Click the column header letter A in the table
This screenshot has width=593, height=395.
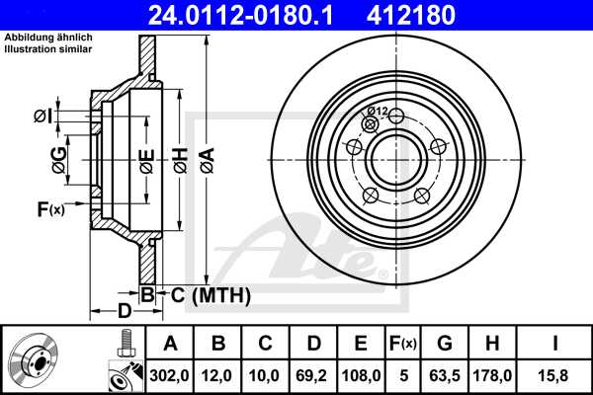[x=169, y=344]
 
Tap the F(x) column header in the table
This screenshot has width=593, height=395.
[x=403, y=344]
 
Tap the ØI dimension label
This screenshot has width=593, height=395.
[x=42, y=117]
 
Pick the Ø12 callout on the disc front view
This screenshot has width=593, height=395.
[x=377, y=111]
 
